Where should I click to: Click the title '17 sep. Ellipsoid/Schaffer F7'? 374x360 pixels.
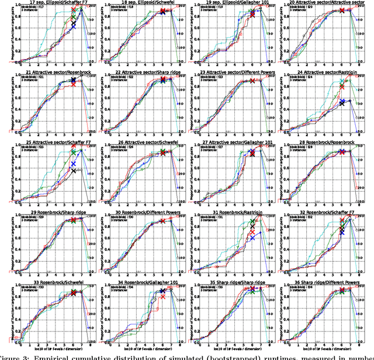pyautogui.click(x=50, y=2)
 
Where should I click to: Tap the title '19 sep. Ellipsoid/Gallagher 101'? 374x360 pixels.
pyautogui.click(x=230, y=2)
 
